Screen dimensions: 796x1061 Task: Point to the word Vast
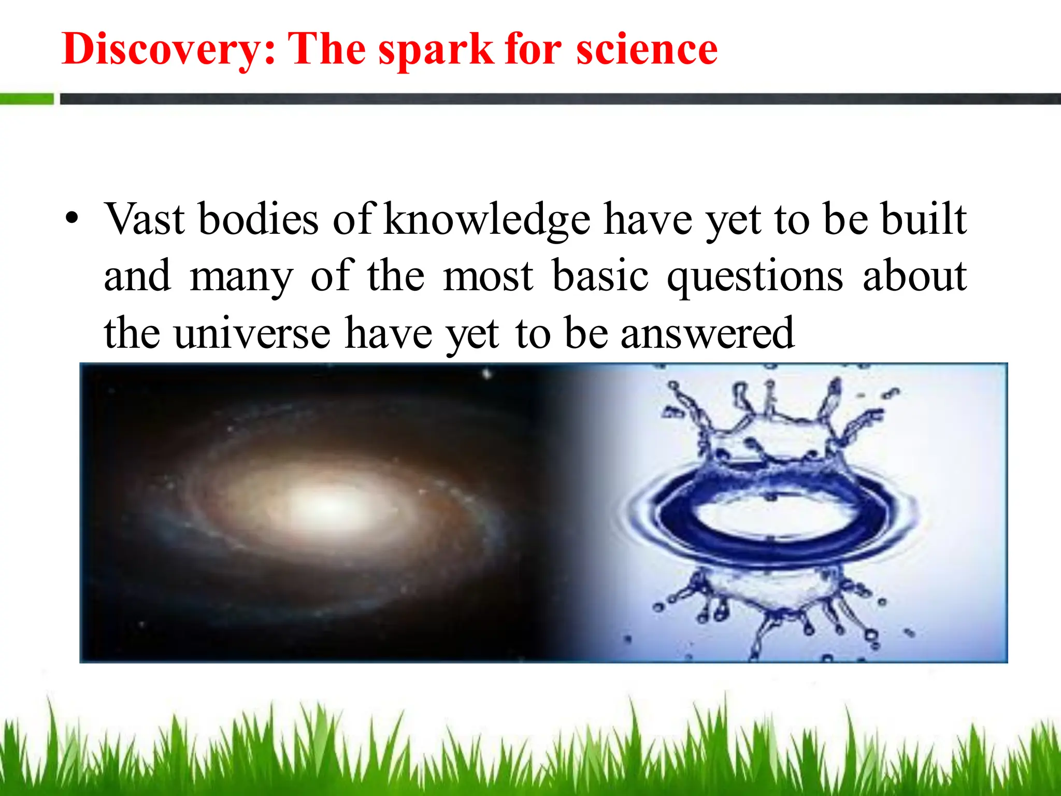click(145, 219)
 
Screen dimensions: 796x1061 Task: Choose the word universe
click(252, 333)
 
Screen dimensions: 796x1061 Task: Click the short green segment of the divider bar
click(26, 98)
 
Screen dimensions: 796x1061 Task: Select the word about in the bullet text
click(914, 276)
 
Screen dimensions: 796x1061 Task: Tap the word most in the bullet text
click(488, 277)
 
